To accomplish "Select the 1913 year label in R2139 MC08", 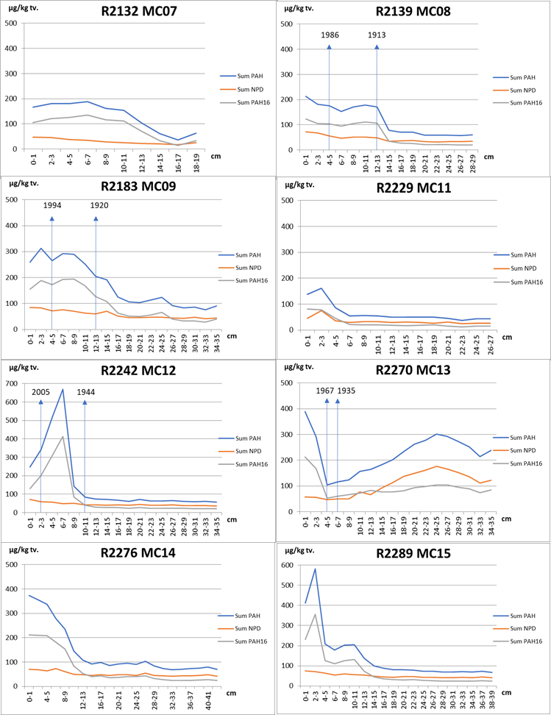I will pyautogui.click(x=377, y=35).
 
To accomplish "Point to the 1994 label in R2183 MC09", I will pyautogui.click(x=52, y=206).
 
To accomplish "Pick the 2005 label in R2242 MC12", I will pyautogui.click(x=41, y=392).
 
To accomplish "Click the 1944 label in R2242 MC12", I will pyautogui.click(x=85, y=392).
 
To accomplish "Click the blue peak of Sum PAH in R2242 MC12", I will pyautogui.click(x=63, y=389).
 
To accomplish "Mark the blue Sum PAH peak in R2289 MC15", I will pyautogui.click(x=315, y=569).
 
